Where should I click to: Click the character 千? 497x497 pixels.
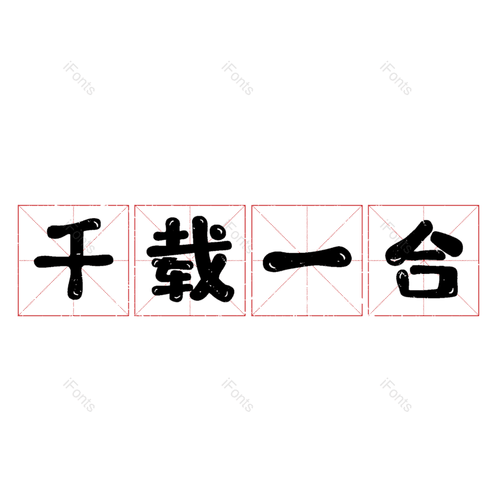pos(73,260)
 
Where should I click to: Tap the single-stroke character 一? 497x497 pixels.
pos(307,260)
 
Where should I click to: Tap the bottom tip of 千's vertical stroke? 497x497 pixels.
pos(75,292)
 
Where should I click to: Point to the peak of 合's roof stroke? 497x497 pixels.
pos(424,227)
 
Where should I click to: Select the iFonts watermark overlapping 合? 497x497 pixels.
pos(396,236)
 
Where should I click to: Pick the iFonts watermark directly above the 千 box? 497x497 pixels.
pos(79,78)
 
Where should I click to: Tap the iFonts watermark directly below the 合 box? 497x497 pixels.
pos(396,395)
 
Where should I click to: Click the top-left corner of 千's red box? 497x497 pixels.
pos(18,205)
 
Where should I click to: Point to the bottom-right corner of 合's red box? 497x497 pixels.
pos(479,316)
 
